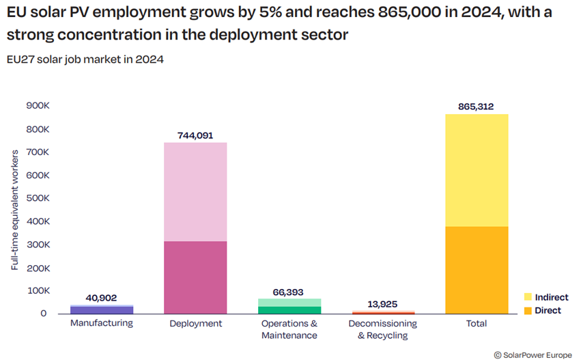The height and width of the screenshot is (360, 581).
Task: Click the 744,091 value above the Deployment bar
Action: [196, 135]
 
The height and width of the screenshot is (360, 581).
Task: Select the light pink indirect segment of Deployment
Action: [196, 191]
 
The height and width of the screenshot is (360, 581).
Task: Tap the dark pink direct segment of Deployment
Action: [196, 277]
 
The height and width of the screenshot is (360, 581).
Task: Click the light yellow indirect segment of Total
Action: [477, 171]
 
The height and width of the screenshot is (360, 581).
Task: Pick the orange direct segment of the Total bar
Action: [477, 270]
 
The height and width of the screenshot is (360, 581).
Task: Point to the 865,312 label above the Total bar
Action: [477, 107]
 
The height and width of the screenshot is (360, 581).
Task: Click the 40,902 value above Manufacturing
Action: [102, 298]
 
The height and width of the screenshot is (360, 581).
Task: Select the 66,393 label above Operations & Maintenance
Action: [289, 292]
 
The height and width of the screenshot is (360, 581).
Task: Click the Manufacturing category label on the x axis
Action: [102, 322]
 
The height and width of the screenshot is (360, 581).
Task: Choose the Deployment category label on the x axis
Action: [196, 323]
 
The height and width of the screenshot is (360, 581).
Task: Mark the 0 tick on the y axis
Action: [43, 314]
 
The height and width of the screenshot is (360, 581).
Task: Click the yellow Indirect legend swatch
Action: [527, 297]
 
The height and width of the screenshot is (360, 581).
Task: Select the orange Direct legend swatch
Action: [527, 311]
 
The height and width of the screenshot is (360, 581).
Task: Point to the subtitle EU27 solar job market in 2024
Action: [85, 59]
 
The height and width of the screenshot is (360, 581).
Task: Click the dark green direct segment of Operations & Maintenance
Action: [289, 310]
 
